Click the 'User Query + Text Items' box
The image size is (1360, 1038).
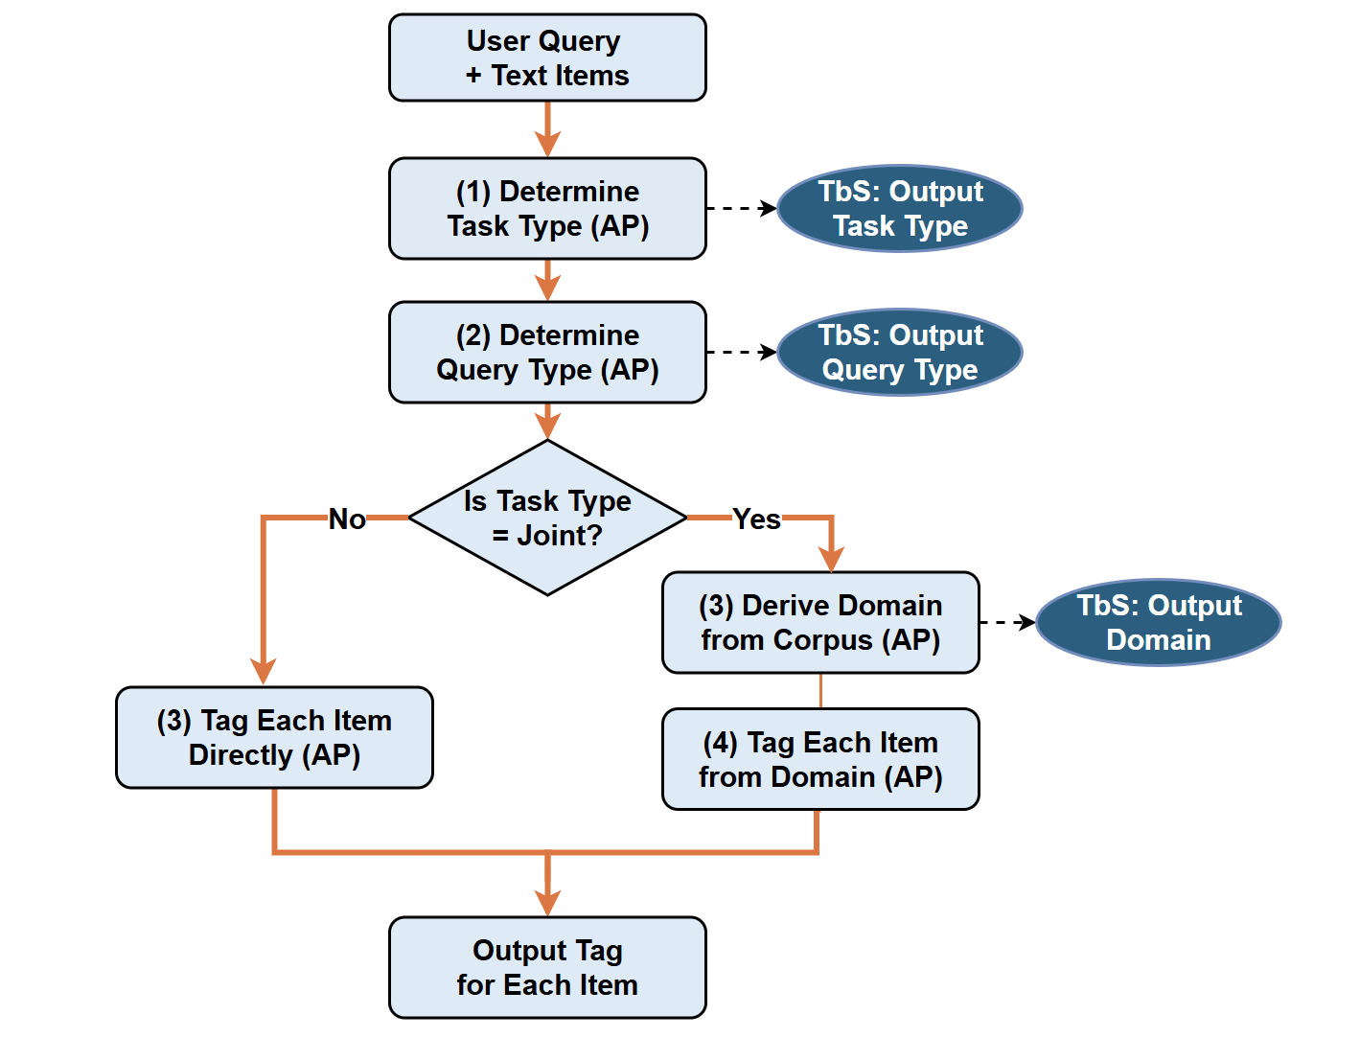point(547,58)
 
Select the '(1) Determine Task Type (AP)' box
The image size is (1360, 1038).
point(547,209)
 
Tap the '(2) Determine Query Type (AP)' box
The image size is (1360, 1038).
point(547,353)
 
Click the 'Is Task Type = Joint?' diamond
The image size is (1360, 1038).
point(547,518)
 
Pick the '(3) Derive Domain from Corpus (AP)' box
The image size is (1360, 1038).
point(820,623)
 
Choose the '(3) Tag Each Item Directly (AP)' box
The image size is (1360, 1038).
point(274,737)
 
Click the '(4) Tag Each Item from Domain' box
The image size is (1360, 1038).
point(820,759)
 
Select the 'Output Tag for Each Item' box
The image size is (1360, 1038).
point(547,967)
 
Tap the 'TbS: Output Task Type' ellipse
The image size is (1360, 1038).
point(899,209)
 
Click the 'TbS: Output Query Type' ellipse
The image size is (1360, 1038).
point(899,353)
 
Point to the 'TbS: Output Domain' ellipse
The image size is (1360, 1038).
point(1158,623)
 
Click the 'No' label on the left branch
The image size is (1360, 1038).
point(347,519)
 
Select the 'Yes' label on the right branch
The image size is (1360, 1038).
point(756,519)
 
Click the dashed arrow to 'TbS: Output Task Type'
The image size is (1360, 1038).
point(741,208)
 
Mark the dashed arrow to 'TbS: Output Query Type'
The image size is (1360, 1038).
point(741,352)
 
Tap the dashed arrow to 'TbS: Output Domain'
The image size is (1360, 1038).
point(1006,623)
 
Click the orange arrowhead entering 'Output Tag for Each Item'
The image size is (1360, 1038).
point(547,903)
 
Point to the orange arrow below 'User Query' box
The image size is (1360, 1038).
point(547,129)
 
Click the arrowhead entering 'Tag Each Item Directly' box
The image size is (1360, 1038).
point(263,672)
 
